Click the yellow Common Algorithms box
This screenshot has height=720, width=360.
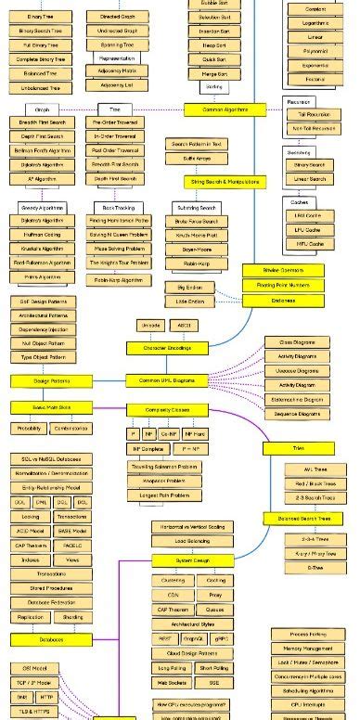click(x=217, y=109)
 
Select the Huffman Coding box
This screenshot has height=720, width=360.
click(x=42, y=236)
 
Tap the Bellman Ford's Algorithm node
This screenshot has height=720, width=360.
click(x=42, y=149)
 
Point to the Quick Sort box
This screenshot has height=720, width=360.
click(x=215, y=58)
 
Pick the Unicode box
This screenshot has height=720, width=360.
click(x=150, y=326)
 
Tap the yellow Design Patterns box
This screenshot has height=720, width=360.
click(x=51, y=380)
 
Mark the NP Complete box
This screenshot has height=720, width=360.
click(x=147, y=448)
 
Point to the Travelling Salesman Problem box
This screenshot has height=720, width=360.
click(x=163, y=467)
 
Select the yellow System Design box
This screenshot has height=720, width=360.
click(x=194, y=561)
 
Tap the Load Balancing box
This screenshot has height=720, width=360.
click(x=192, y=540)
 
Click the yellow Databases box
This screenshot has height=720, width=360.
click(x=51, y=639)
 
